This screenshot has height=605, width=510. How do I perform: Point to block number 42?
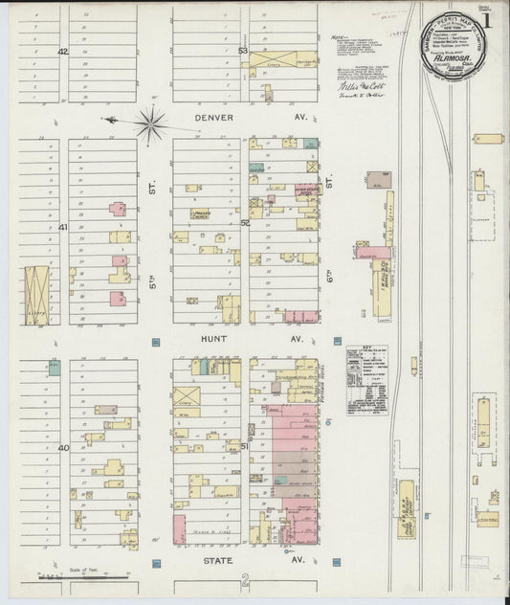[x=63, y=51]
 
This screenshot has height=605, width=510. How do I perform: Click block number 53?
[x=244, y=51]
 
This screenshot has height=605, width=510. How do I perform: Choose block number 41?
[x=63, y=227]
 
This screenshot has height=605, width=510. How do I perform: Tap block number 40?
[x=63, y=447]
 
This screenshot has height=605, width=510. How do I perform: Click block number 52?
[x=245, y=223]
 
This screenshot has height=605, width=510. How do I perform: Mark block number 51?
[x=245, y=446]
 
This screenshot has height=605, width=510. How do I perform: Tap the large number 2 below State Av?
[x=246, y=579]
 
